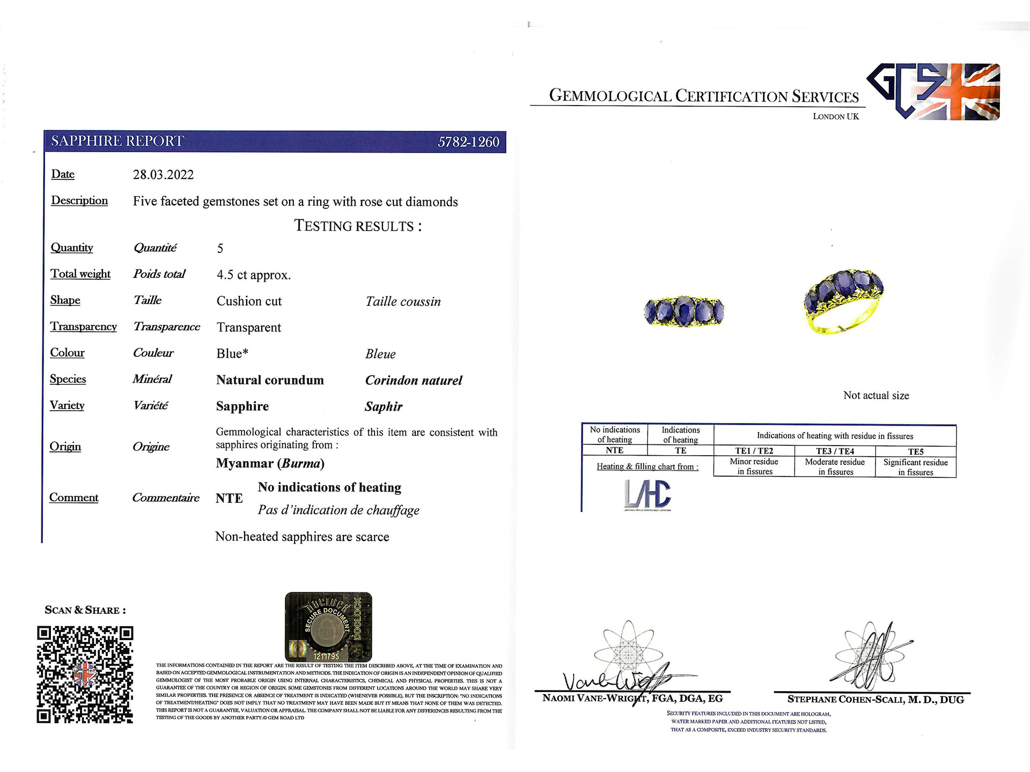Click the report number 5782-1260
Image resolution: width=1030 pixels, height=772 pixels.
click(468, 142)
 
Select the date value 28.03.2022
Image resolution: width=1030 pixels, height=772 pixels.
click(163, 175)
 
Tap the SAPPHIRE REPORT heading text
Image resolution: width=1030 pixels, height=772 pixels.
click(117, 141)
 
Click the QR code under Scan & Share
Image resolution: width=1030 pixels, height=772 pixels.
click(85, 674)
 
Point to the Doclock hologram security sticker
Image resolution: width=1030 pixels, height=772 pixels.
click(328, 626)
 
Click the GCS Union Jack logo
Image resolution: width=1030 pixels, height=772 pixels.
click(933, 91)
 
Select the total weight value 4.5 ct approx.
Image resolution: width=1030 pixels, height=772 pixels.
click(253, 275)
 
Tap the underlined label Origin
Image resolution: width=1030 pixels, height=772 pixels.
click(65, 447)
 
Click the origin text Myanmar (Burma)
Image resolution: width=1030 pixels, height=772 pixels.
click(270, 463)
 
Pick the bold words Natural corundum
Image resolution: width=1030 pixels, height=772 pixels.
click(270, 380)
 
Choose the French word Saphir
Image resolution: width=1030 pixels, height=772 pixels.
click(383, 406)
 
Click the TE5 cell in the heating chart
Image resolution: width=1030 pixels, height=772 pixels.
click(915, 451)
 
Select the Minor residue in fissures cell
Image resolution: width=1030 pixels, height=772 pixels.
click(754, 466)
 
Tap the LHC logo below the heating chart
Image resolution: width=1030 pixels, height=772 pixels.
click(648, 494)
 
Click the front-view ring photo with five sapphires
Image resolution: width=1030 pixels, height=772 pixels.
click(684, 311)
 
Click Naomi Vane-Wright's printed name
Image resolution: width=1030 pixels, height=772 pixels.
click(632, 699)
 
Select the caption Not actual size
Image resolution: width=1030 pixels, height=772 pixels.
click(876, 396)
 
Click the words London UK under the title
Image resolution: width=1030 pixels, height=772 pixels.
click(835, 116)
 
